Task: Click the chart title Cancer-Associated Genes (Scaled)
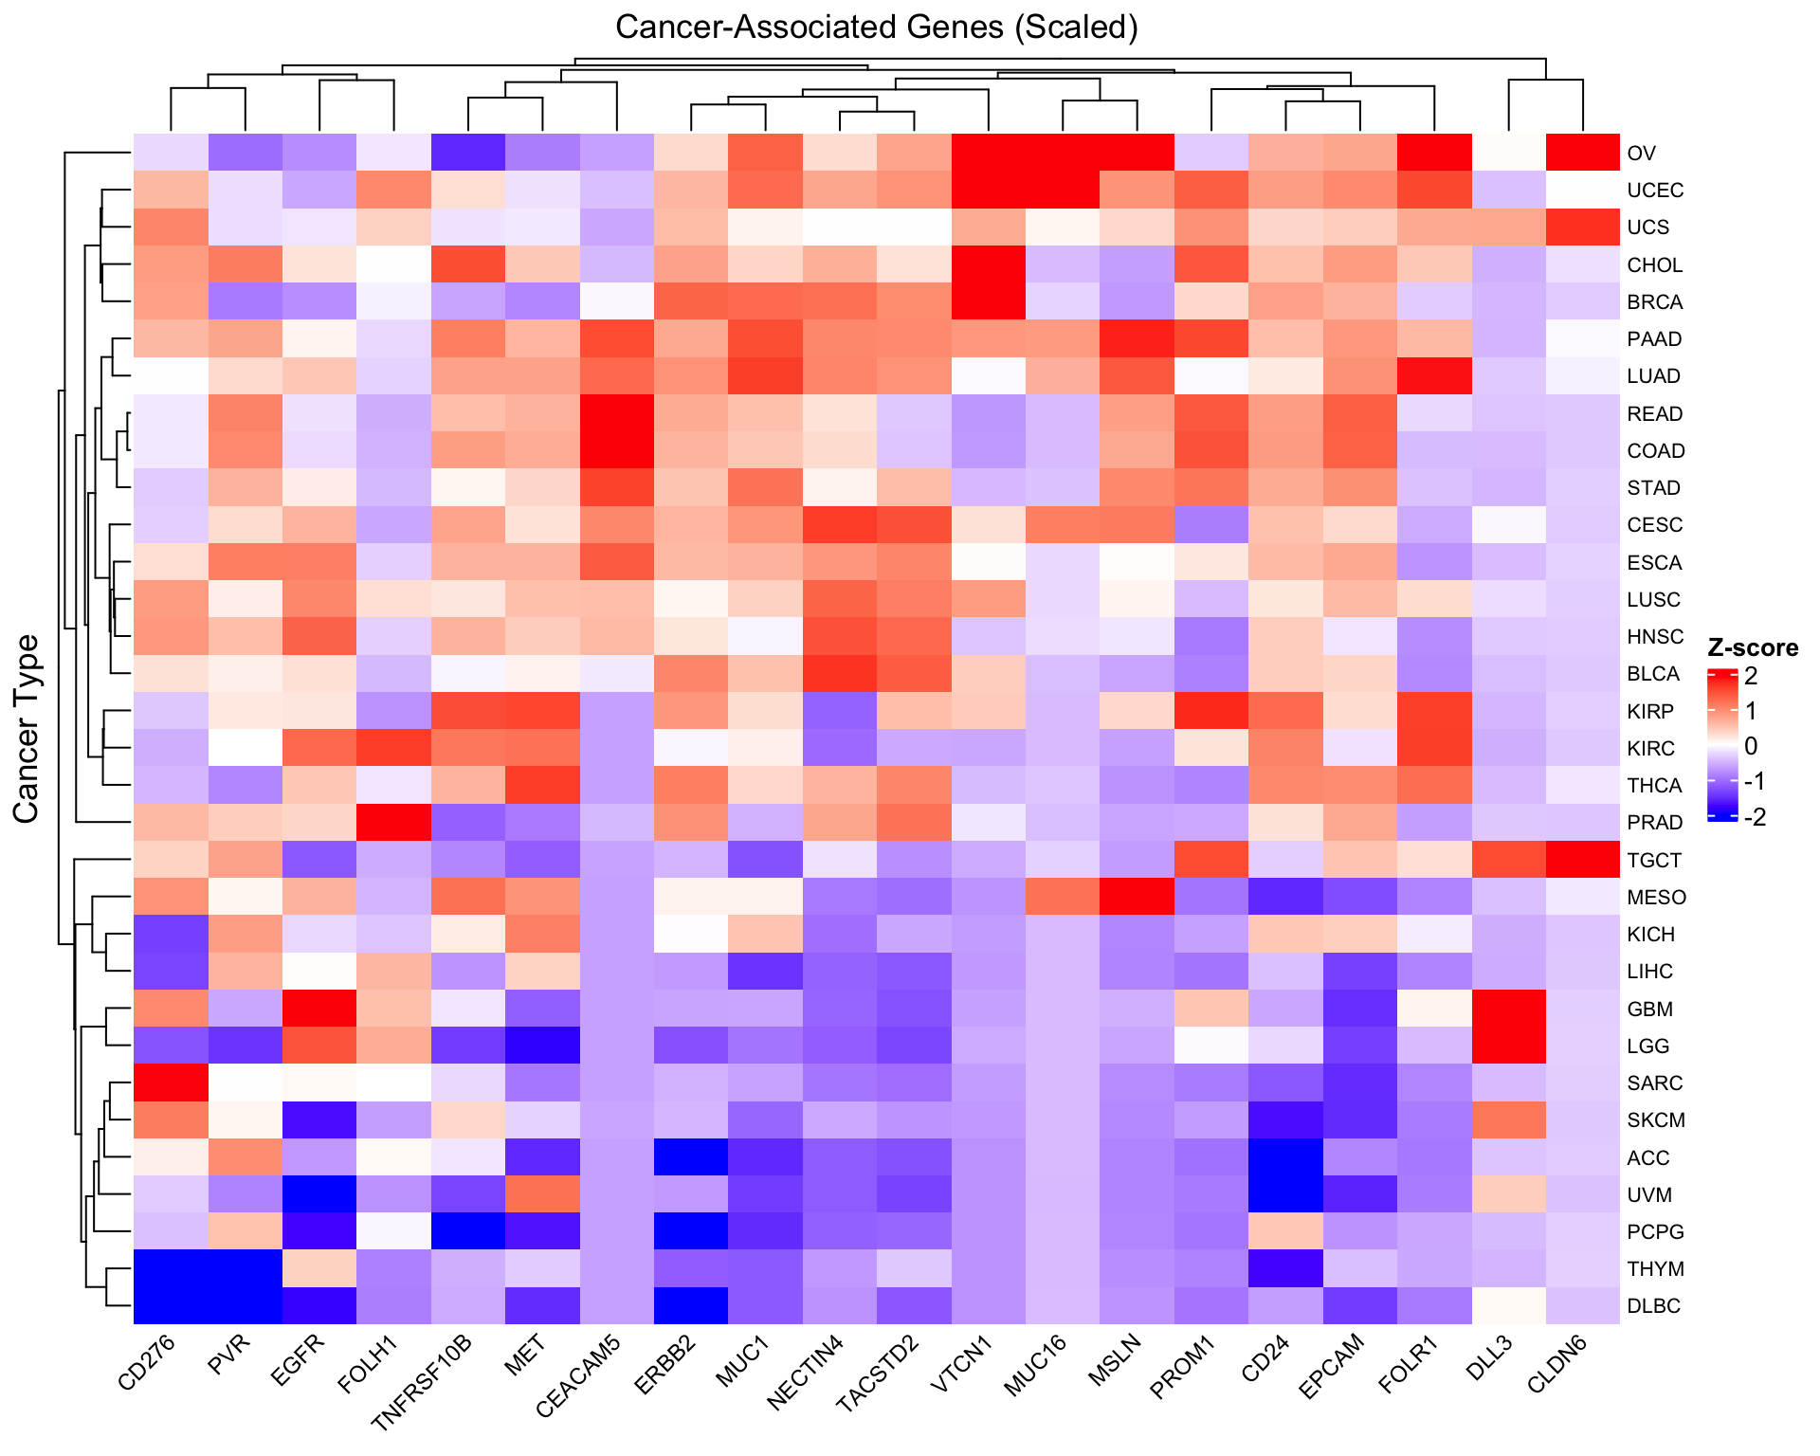(876, 27)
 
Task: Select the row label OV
(1641, 154)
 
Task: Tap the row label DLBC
(1653, 1306)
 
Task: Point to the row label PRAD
(1654, 823)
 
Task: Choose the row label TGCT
(1654, 861)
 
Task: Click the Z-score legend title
(1752, 648)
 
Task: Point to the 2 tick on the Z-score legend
(1751, 676)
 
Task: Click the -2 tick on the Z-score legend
(1755, 817)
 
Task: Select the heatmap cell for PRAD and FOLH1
(393, 822)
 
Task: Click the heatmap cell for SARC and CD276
(171, 1083)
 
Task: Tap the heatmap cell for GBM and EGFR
(319, 1009)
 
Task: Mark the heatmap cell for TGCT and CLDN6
(1583, 860)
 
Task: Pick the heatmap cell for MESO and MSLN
(1137, 897)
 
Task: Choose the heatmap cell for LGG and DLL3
(1508, 1046)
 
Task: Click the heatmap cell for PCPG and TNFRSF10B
(468, 1231)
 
